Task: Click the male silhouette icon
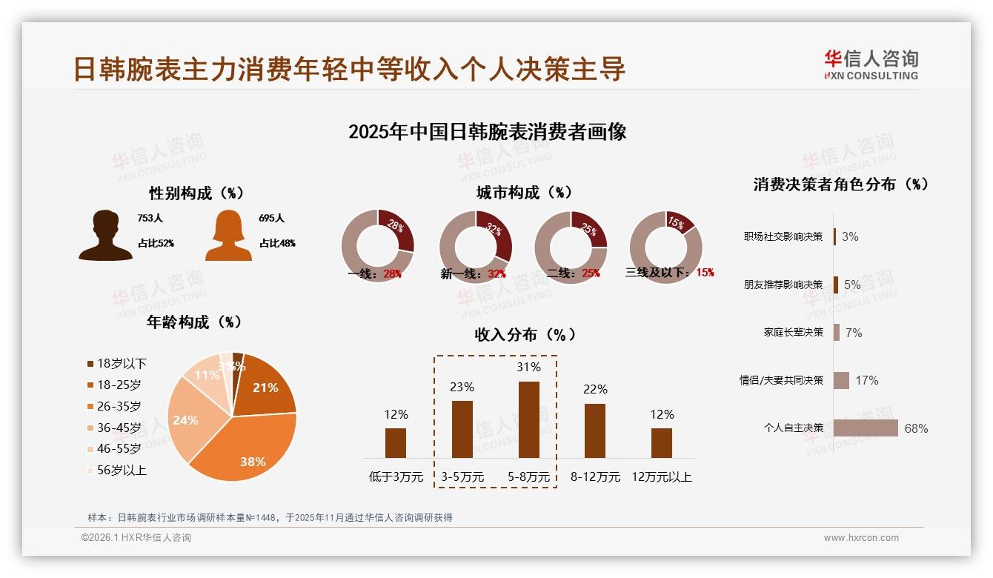click(x=106, y=235)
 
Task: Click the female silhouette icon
click(x=228, y=235)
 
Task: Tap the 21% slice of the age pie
click(x=265, y=385)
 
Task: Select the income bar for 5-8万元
click(x=528, y=419)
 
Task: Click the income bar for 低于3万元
click(x=396, y=442)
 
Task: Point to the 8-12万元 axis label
click(x=595, y=477)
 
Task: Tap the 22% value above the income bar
click(x=595, y=389)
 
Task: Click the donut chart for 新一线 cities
click(x=476, y=246)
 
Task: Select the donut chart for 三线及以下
click(x=665, y=246)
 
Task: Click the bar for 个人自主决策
click(x=866, y=428)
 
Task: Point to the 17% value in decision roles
click(x=866, y=380)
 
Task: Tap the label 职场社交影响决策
click(x=783, y=236)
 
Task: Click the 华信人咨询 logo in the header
click(x=871, y=65)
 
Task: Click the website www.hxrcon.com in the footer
click(x=861, y=538)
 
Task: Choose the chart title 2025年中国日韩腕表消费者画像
click(x=488, y=132)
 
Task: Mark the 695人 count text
click(x=272, y=219)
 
